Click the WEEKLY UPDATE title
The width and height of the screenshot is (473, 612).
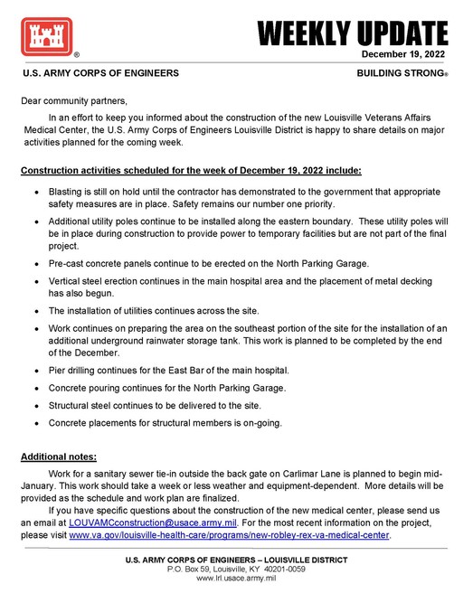pos(353,33)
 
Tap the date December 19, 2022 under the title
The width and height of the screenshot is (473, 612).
pos(404,55)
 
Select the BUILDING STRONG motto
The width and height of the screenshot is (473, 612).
pos(402,72)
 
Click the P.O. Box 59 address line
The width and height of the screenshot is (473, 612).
pos(236,569)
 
